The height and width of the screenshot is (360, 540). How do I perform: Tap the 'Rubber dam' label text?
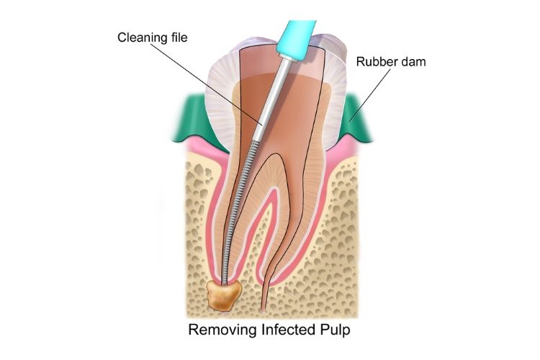pyautogui.click(x=391, y=62)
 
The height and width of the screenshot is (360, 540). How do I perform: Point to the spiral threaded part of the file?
pyautogui.click(x=237, y=216)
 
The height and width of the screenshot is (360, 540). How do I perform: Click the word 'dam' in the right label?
pyautogui.click(x=413, y=62)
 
